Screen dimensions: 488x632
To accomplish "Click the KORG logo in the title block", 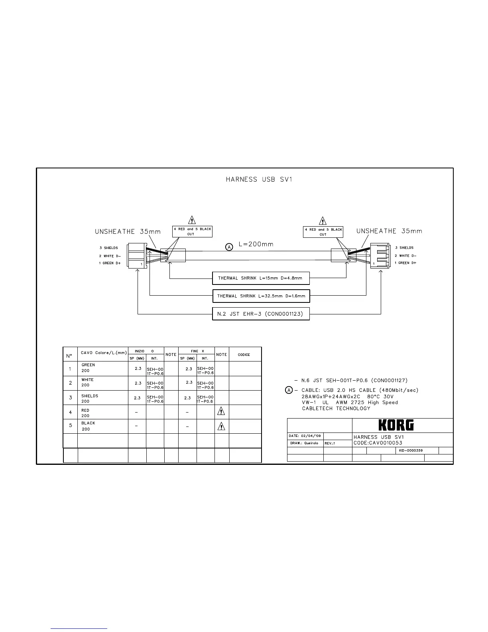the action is coord(396,425).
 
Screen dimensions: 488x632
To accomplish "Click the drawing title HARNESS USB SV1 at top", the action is coord(259,180).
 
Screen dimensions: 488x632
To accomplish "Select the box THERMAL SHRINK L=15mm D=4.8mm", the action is coord(261,278).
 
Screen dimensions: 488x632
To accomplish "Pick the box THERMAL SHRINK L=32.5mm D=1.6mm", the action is coord(261,296).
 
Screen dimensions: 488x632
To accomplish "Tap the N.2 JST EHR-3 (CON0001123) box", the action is coord(261,314).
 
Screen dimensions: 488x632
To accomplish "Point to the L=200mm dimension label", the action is coord(256,244).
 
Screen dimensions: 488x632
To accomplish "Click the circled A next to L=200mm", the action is coord(229,247).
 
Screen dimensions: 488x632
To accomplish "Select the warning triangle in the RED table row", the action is coord(222,412).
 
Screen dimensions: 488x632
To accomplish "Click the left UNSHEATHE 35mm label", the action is coord(128,231).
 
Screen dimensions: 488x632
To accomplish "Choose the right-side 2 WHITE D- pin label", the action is coord(405,256).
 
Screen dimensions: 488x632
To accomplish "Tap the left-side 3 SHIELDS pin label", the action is coord(108,248).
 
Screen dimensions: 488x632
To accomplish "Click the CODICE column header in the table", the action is coord(244,354).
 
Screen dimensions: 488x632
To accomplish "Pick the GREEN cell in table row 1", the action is coord(88,365).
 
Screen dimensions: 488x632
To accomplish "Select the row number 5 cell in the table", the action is coord(71,425).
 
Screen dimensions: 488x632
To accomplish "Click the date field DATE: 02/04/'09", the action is coord(305,436).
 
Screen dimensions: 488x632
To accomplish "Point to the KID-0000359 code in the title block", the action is coord(411,450).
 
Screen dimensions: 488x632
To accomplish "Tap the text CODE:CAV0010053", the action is coord(378,443).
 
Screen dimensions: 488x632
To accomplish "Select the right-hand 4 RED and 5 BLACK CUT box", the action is coord(323,232).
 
